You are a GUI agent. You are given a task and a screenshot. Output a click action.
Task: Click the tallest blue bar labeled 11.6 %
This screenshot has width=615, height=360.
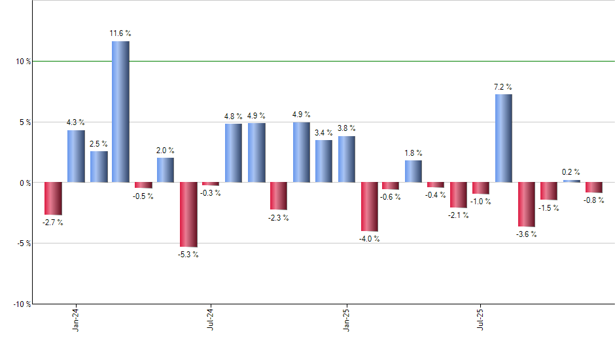(120, 111)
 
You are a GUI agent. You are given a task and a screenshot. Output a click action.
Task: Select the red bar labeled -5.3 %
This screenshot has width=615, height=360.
(188, 214)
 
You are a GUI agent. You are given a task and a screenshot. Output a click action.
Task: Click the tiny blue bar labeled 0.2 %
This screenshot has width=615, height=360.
(571, 181)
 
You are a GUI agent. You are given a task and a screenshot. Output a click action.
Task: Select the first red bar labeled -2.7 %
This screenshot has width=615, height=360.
(53, 198)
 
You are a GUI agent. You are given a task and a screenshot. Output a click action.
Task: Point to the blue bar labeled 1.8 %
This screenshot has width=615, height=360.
(413, 171)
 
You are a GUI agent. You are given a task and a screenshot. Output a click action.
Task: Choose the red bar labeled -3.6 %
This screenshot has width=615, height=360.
(526, 204)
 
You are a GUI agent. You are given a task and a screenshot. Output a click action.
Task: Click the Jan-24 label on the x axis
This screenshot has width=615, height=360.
(76, 319)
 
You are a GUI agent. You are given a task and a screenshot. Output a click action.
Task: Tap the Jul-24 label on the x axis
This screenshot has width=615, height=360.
(211, 319)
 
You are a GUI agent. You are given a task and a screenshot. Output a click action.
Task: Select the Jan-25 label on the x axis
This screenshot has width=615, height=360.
(346, 319)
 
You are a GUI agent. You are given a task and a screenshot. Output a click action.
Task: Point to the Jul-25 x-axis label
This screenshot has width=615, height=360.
(481, 319)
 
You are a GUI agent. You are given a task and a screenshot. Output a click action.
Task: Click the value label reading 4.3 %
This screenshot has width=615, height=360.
(76, 122)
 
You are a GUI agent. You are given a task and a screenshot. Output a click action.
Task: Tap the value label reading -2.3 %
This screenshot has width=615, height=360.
(279, 218)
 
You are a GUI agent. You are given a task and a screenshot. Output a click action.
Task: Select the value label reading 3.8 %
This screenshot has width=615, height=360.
(347, 128)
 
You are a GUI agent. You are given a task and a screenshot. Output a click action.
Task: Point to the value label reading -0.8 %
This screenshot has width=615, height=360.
(594, 201)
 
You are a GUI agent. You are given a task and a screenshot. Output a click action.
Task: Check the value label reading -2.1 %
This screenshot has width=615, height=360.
(459, 216)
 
